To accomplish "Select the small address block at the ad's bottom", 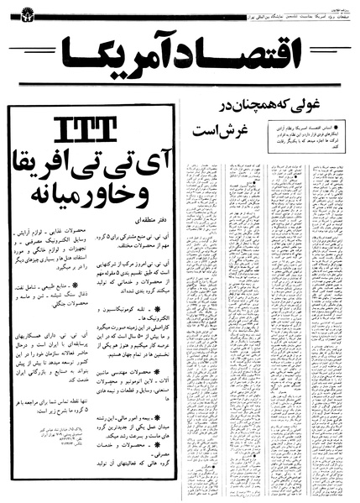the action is [x=47, y=457].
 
